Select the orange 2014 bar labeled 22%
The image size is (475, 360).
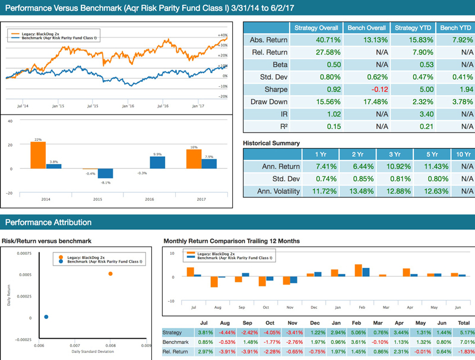tap(37, 155)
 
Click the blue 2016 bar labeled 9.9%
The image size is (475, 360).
tap(157, 162)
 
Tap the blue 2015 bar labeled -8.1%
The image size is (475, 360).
tap(104, 173)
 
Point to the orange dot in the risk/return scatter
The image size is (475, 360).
tap(110, 273)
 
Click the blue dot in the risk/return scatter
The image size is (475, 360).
tap(46, 317)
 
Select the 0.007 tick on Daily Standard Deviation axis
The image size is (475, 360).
tap(75, 345)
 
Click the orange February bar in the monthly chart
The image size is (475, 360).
tap(359, 270)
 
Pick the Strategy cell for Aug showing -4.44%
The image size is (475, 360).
tap(226, 333)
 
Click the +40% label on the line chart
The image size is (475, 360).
tap(224, 35)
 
